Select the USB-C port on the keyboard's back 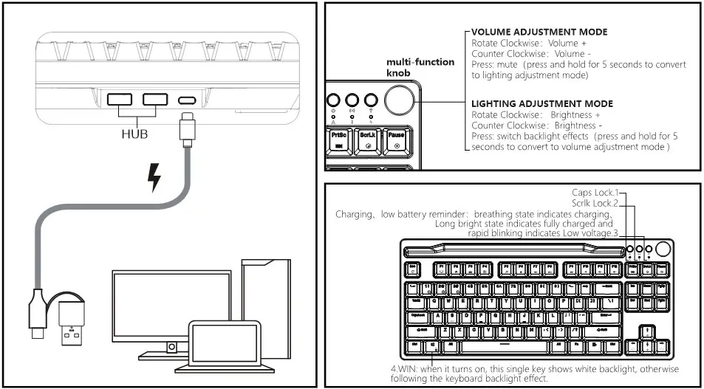point(186,100)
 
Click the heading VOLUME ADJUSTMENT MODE point(539,32)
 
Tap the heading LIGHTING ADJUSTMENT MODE point(542,104)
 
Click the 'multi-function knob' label point(420,67)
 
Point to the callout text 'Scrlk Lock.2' point(594,203)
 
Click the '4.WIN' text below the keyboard point(406,368)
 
